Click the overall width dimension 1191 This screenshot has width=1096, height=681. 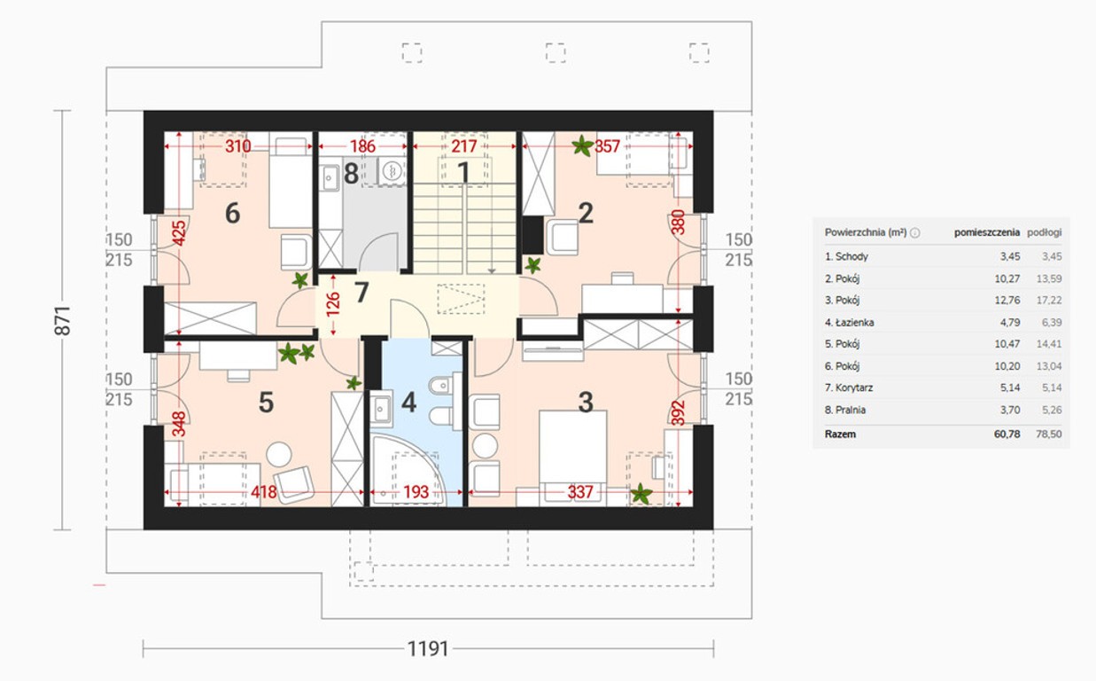pyautogui.click(x=428, y=649)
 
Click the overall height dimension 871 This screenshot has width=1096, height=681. pyautogui.click(x=63, y=321)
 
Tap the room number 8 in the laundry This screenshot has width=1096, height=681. pyautogui.click(x=351, y=173)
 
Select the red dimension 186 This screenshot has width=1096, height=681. pyautogui.click(x=362, y=146)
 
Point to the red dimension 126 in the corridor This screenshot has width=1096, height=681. pyautogui.click(x=333, y=304)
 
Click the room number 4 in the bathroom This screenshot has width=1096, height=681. pyautogui.click(x=408, y=402)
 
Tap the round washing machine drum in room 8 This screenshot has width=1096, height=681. pyautogui.click(x=392, y=171)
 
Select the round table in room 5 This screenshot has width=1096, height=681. pyautogui.click(x=279, y=454)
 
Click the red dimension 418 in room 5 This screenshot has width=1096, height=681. pyautogui.click(x=264, y=491)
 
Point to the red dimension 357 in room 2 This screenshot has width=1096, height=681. pyautogui.click(x=607, y=146)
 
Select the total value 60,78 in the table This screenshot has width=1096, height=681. pyautogui.click(x=1007, y=434)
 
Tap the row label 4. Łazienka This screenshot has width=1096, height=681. pyautogui.click(x=850, y=322)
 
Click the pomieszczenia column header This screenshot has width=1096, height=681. pyautogui.click(x=987, y=232)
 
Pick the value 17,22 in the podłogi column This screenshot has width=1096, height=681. pyautogui.click(x=1049, y=300)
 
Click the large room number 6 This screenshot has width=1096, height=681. pyautogui.click(x=232, y=213)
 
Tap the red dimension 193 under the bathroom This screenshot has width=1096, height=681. pyautogui.click(x=416, y=491)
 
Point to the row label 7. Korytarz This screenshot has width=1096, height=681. pyautogui.click(x=849, y=387)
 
